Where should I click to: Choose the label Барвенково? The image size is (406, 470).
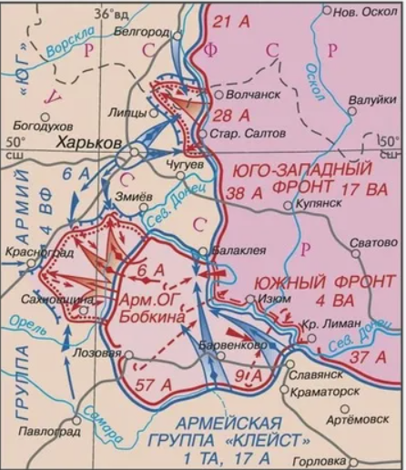click(230, 345)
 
